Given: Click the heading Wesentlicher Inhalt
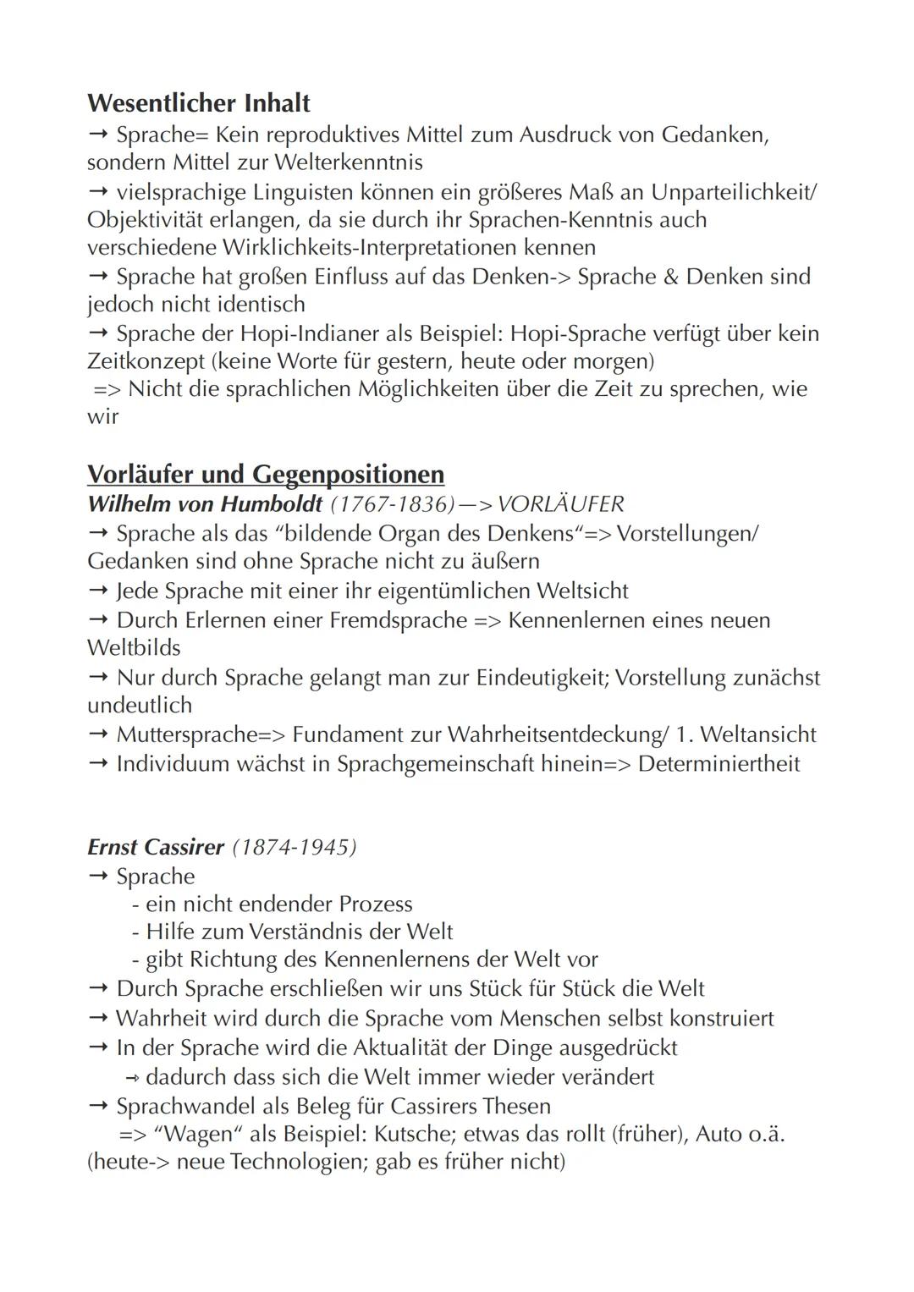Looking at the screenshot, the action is pyautogui.click(x=198, y=103).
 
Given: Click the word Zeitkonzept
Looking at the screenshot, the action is pyautogui.click(x=146, y=361).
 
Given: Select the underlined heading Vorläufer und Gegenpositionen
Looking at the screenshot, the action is pyautogui.click(x=265, y=474).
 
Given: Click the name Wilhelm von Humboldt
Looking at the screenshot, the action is pyautogui.click(x=204, y=504).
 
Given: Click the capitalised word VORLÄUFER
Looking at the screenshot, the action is pyautogui.click(x=560, y=504).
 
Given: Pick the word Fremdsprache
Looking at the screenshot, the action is pyautogui.click(x=398, y=620).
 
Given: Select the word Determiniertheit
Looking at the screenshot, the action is pyautogui.click(x=719, y=764).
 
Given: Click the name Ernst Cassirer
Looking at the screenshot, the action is pyautogui.click(x=155, y=847).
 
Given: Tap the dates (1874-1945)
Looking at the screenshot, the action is pyautogui.click(x=294, y=847).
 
